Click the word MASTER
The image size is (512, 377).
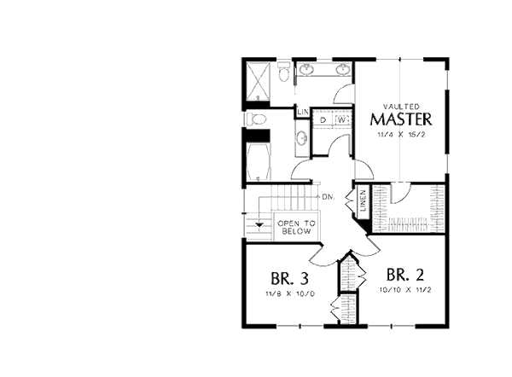pyautogui.click(x=401, y=119)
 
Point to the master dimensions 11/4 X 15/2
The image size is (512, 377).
pyautogui.click(x=400, y=135)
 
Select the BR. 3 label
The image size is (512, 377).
pyautogui.click(x=289, y=278)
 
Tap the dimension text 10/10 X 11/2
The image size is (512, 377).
pyautogui.click(x=405, y=290)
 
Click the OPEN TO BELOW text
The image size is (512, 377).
pyautogui.click(x=296, y=227)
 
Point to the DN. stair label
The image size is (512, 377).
pyautogui.click(x=327, y=197)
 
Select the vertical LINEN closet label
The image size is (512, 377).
pyautogui.click(x=363, y=205)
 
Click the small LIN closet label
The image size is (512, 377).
pyautogui.click(x=302, y=113)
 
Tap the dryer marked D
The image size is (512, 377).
pyautogui.click(x=323, y=119)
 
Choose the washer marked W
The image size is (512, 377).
pyautogui.click(x=340, y=119)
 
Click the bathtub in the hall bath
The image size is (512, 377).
pyautogui.click(x=258, y=160)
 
